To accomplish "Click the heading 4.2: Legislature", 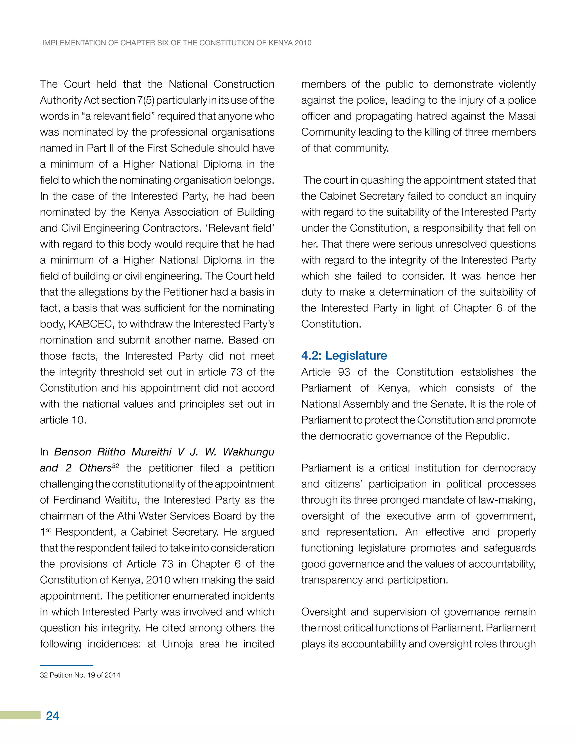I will point(344,355).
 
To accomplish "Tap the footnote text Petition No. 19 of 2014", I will point(85,675).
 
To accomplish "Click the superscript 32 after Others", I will point(115,465).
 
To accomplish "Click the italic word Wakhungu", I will point(248,452).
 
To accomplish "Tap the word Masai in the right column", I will point(522,116).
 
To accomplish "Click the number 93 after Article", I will point(344,372).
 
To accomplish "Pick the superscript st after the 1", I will point(48,529).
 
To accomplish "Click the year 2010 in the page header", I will point(303,43).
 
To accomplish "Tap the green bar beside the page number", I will point(20,715).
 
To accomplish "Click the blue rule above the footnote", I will point(67,665).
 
